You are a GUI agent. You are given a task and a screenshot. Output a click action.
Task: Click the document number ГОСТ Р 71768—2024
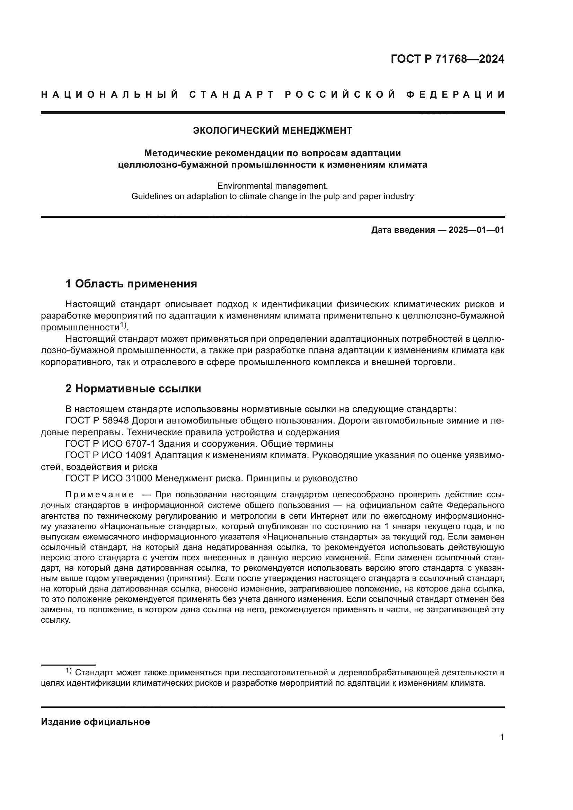coord(447,59)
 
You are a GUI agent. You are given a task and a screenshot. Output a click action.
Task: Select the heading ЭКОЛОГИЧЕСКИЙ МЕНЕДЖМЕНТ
coord(272,131)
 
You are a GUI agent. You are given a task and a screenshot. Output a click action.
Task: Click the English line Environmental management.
coord(272,186)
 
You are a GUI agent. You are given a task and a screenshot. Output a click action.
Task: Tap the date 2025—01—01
coord(476,230)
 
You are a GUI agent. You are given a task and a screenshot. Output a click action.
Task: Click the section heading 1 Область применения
coord(131,284)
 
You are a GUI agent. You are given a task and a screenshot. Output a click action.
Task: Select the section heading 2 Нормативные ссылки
coord(133,389)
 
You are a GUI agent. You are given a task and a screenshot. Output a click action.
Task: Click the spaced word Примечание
coord(99,495)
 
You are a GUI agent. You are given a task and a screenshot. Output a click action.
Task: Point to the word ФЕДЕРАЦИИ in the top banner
coord(455,95)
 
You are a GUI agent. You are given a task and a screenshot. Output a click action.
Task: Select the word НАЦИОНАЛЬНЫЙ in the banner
coord(110,95)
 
